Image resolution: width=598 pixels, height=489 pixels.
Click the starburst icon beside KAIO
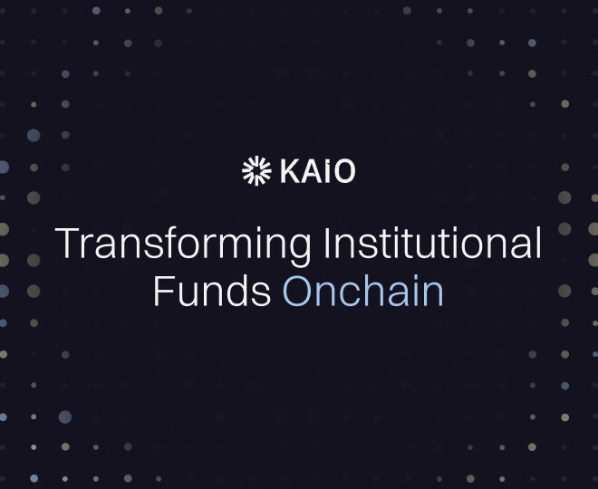[x=256, y=170]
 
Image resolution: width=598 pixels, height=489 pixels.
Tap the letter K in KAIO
[x=289, y=171]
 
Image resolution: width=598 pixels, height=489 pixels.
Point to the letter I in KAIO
[x=328, y=171]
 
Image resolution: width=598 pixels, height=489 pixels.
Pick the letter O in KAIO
[x=344, y=171]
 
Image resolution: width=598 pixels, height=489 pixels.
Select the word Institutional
[x=432, y=244]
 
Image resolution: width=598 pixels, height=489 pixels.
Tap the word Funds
[x=212, y=292]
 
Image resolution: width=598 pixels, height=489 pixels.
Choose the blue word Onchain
[x=363, y=292]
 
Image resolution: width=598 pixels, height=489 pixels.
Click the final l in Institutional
[x=537, y=244]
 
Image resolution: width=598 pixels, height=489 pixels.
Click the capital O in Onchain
[x=298, y=292]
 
